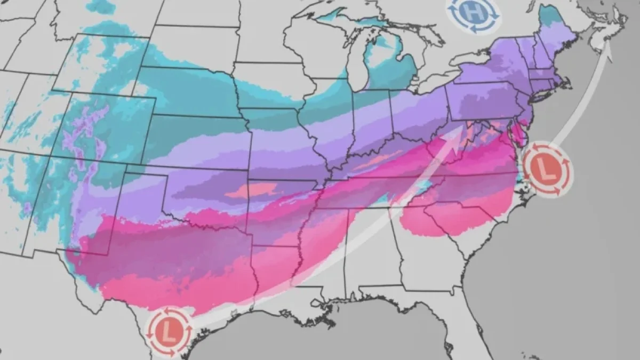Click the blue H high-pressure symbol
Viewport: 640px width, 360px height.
474,13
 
